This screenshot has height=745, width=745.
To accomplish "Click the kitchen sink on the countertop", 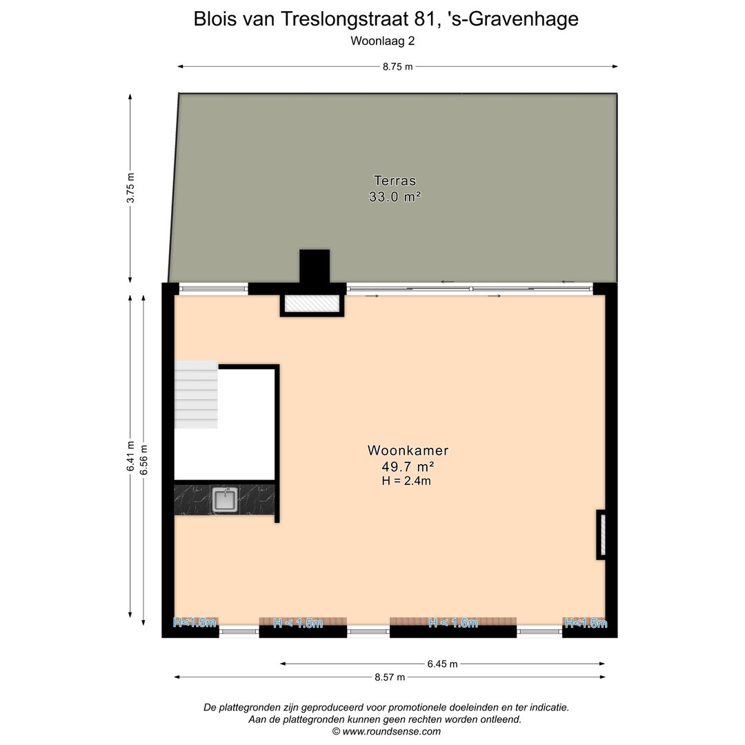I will tap(225, 499).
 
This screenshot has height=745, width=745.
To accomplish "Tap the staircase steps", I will tap(196, 395).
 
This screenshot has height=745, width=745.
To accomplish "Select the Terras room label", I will tap(395, 181).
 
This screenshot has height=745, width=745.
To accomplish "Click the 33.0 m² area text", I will tap(395, 197).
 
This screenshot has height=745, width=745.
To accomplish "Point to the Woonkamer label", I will tap(408, 450).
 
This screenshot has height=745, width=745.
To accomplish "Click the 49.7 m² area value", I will tap(408, 466).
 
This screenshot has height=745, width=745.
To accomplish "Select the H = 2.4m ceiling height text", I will tap(406, 481).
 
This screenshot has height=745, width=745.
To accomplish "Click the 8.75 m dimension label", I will tap(398, 67).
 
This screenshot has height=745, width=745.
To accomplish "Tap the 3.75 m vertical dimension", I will tap(130, 187).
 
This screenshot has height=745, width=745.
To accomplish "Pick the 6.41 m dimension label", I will tap(130, 457).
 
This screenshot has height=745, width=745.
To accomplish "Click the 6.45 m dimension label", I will tap(442, 664).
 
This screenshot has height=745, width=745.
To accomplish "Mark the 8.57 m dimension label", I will tap(390, 677).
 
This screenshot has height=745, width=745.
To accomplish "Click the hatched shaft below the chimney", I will tap(312, 304).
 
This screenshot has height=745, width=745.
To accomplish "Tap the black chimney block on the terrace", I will tap(314, 266).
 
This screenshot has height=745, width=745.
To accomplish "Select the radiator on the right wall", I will tap(601, 535).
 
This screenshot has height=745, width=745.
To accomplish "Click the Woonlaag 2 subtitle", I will tap(382, 41).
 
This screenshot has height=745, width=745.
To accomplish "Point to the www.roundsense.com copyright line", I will tap(386, 731).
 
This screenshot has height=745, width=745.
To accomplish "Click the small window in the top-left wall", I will tap(213, 289).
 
